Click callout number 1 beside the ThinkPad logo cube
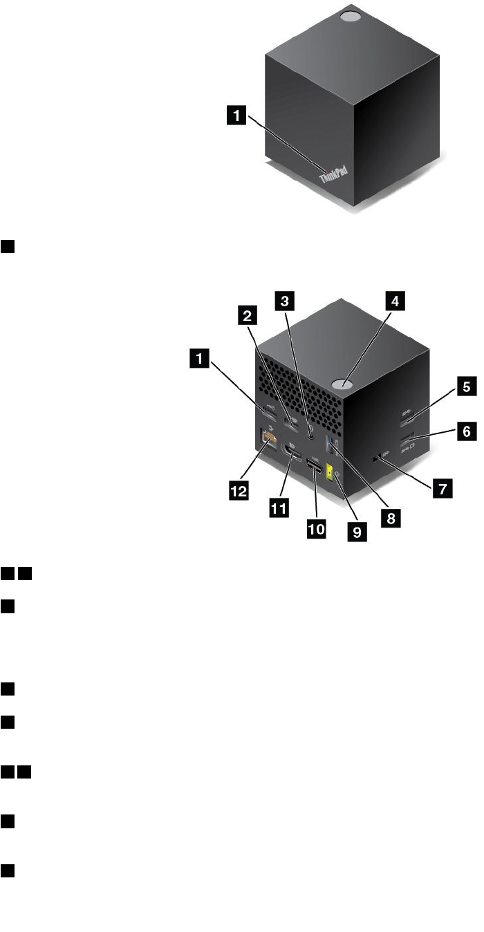click(237, 118)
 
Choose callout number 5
click(449, 387)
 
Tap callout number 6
click(449, 432)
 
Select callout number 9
click(360, 532)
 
